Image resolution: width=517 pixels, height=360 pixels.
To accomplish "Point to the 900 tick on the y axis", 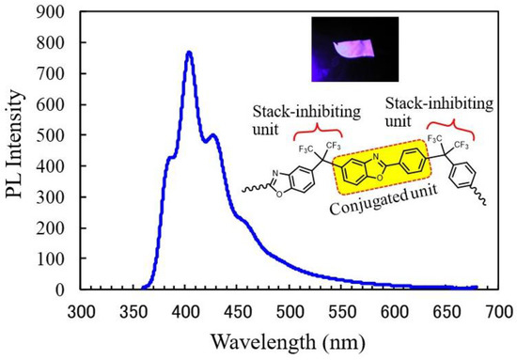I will (56, 11).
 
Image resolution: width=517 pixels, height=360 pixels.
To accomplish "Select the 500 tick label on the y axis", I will (56, 134).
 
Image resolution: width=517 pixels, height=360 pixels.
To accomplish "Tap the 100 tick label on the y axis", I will (56, 258).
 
